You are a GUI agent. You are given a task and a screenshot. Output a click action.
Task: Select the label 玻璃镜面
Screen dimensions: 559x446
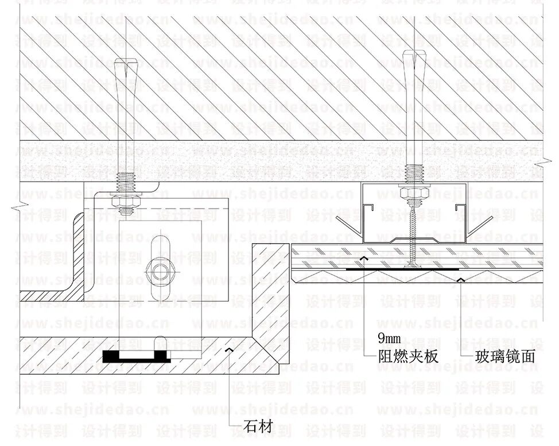(x=505, y=356)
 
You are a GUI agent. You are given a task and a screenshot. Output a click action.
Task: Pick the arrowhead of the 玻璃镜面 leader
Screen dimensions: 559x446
(x=461, y=279)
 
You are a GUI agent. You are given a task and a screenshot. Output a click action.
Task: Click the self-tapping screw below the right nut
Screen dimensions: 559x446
(x=412, y=230)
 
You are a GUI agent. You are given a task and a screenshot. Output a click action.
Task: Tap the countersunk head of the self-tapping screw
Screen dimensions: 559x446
(x=413, y=265)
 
